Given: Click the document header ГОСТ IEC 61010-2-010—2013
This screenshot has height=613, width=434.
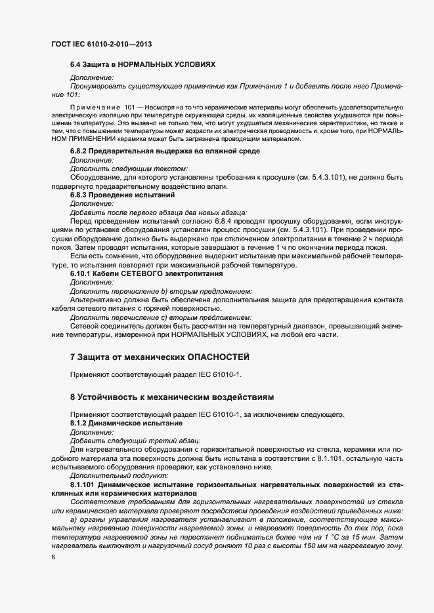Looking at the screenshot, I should coord(102,44).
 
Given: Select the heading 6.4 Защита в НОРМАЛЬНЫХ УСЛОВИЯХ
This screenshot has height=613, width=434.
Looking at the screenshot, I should coord(142,65).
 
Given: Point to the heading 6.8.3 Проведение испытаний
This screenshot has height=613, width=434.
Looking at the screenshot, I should coord(123,195).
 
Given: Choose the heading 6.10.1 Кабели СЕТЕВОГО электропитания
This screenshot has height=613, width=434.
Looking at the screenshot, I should coord(146,273).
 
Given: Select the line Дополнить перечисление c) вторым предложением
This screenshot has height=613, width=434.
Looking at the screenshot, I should coord(161,317).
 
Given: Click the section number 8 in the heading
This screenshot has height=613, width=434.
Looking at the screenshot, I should coord(73,397).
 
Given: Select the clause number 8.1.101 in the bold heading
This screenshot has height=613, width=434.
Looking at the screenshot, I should coord(83,484).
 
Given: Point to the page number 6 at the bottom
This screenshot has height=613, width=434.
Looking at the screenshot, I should coord(53,557).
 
